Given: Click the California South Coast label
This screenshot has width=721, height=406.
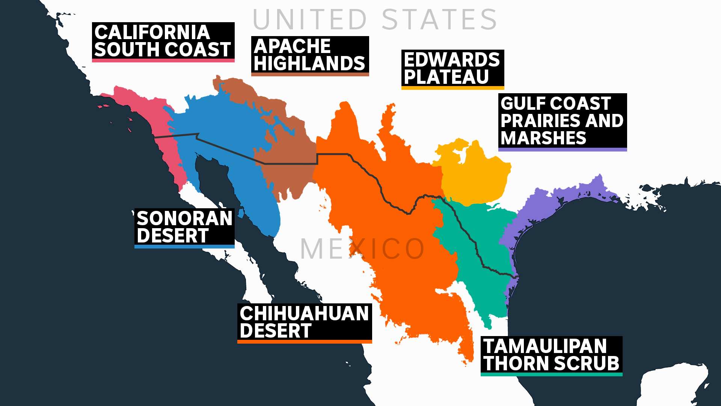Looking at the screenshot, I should [163, 41].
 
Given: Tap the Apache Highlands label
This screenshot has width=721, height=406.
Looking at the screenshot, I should [310, 55].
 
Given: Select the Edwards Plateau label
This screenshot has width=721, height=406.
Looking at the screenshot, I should [453, 69].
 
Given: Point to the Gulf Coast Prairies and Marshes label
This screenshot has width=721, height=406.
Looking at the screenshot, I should [562, 121].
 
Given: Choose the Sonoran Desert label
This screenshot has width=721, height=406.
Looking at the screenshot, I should [184, 227].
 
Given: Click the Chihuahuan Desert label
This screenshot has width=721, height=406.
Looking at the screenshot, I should [305, 322].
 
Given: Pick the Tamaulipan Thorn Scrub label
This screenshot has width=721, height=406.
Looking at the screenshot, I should [551, 355].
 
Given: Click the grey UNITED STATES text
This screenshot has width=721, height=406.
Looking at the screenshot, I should [375, 20].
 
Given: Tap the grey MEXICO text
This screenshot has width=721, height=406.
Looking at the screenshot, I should [362, 249].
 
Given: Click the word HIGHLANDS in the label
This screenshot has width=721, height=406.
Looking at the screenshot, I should [309, 64].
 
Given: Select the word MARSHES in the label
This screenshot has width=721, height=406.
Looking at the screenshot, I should [543, 138].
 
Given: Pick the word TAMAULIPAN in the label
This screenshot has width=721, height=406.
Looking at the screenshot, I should [545, 346].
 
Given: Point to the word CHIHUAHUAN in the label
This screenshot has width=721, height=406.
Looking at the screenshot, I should [305, 314].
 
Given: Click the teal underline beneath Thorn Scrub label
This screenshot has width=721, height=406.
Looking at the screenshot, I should [551, 374].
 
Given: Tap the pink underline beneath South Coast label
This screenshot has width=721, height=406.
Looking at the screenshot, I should [163, 61].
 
